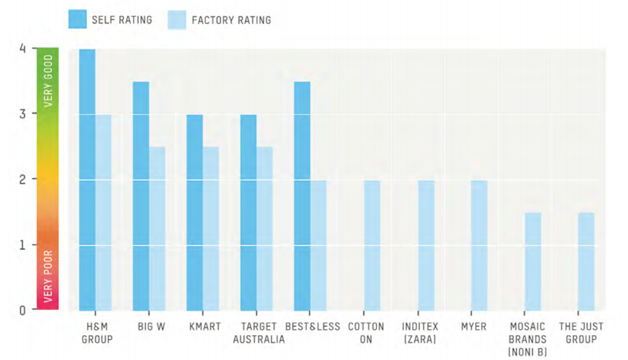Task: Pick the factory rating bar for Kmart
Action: pyautogui.click(x=211, y=229)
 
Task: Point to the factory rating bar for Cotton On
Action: pyautogui.click(x=372, y=245)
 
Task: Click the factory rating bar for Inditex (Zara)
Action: pyautogui.click(x=426, y=245)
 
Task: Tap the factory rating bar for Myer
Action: pyautogui.click(x=479, y=245)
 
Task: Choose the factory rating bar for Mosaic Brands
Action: pyautogui.click(x=533, y=261)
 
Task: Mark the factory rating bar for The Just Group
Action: pyautogui.click(x=587, y=261)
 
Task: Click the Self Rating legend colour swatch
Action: pyautogui.click(x=77, y=19)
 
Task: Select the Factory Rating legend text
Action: pyautogui.click(x=231, y=20)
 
